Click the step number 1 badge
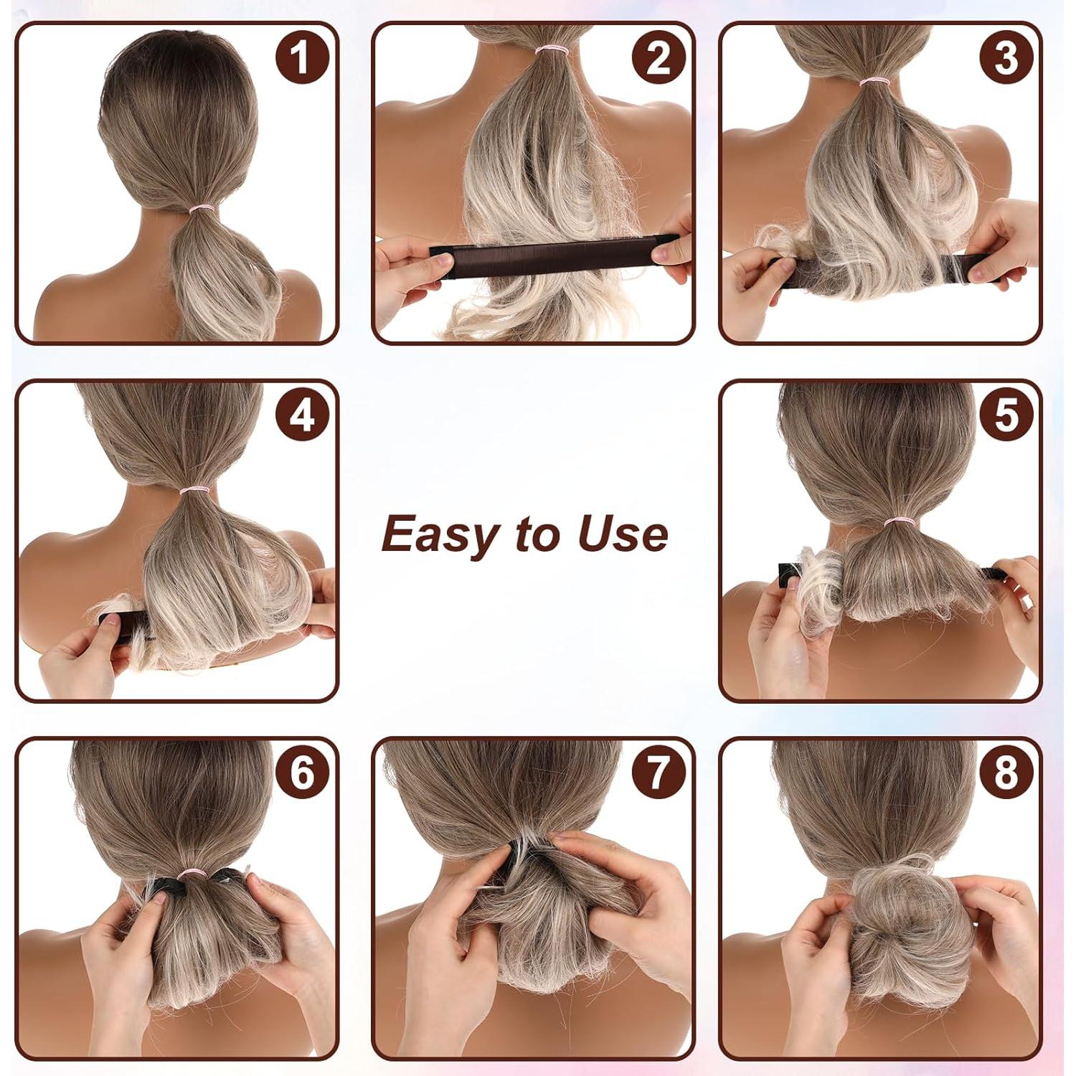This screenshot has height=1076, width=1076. [302, 57]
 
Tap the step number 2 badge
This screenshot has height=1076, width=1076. [659, 57]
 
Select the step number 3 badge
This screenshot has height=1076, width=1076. [1006, 57]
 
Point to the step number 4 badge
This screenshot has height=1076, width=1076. [302, 415]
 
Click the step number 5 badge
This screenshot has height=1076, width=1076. [1006, 415]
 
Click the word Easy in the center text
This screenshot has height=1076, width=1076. [440, 534]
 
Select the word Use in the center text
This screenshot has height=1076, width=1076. [623, 534]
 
